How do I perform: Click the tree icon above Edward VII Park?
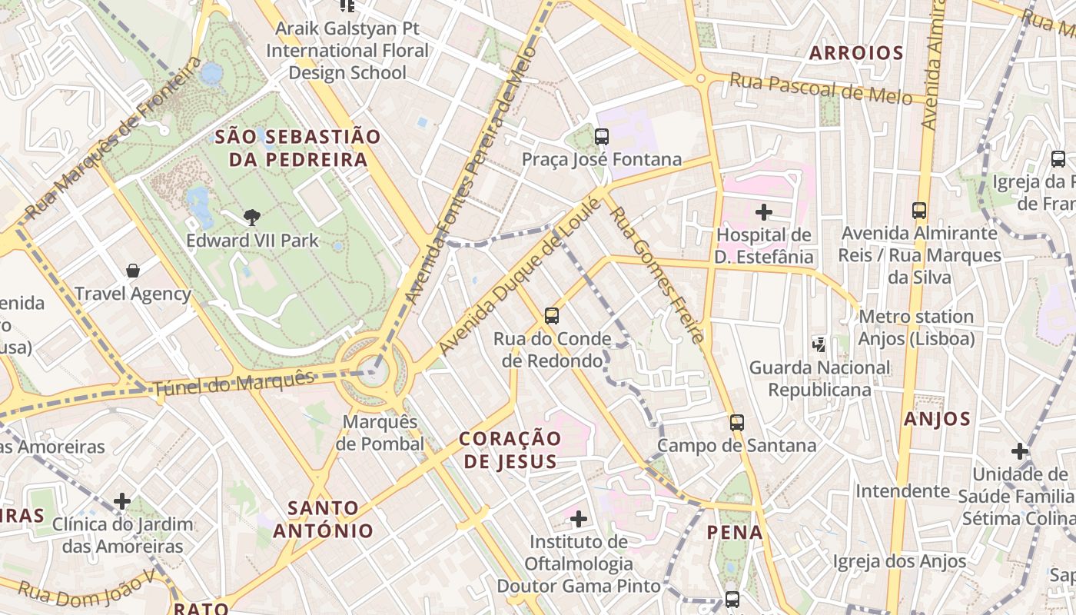click(251, 218)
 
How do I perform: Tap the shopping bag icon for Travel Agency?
click(133, 271)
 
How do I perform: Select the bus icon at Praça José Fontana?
click(602, 137)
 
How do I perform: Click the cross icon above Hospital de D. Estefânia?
click(763, 211)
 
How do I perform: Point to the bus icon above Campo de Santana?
click(737, 422)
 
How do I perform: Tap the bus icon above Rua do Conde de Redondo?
click(551, 315)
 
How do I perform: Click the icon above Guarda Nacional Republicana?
click(819, 344)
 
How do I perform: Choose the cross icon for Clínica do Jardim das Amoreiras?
click(122, 502)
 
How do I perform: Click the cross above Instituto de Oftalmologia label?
click(579, 519)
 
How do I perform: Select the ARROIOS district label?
click(856, 53)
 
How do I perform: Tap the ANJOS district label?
click(937, 419)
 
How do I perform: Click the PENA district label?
click(735, 532)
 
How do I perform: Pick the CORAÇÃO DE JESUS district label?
click(510, 450)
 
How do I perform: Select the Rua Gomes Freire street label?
click(656, 274)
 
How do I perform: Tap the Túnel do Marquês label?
click(234, 384)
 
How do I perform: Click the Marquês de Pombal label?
click(380, 433)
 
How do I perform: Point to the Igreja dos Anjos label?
click(899, 562)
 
